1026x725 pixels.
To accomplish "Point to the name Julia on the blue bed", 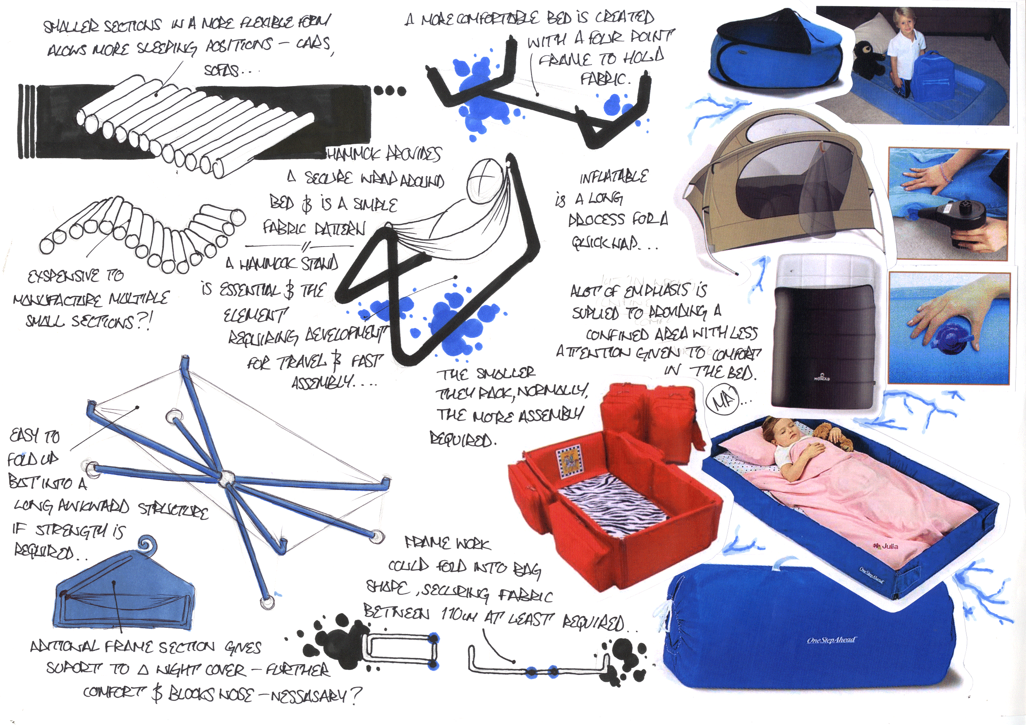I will (887, 546).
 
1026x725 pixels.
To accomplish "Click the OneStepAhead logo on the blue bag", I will (831, 640).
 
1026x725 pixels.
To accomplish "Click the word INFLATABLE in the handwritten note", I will (613, 177).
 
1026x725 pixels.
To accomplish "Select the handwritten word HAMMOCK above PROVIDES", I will (353, 155).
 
